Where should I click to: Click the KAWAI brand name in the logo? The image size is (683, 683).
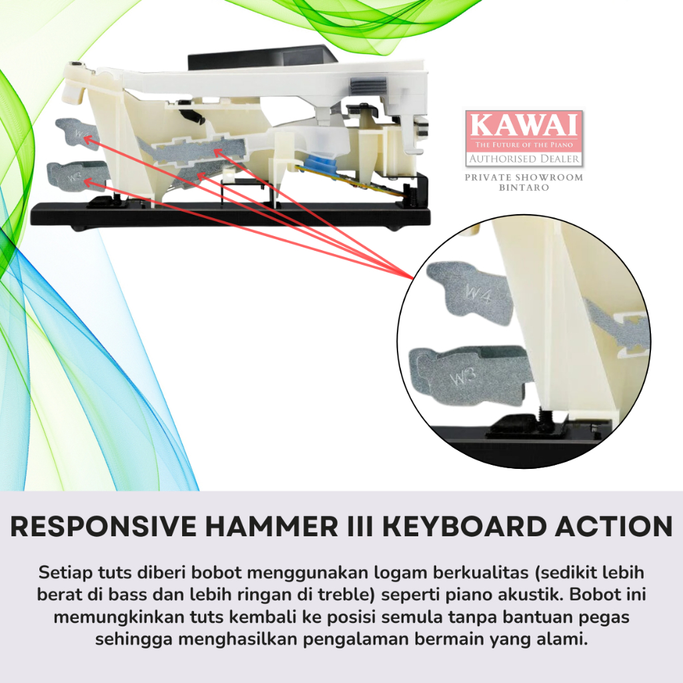pyautogui.click(x=524, y=125)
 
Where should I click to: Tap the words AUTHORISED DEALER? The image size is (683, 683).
pyautogui.click(x=524, y=159)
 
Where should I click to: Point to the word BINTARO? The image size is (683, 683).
pyautogui.click(x=524, y=187)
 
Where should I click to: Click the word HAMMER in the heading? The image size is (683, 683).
pyautogui.click(x=271, y=526)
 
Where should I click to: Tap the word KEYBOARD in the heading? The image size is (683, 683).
pyautogui.click(x=464, y=526)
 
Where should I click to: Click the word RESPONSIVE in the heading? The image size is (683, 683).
pyautogui.click(x=103, y=526)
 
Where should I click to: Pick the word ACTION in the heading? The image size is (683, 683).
pyautogui.click(x=614, y=526)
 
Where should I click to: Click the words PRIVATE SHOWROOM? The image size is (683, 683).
pyautogui.click(x=524, y=177)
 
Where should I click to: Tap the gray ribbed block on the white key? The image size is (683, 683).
pyautogui.click(x=368, y=85)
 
